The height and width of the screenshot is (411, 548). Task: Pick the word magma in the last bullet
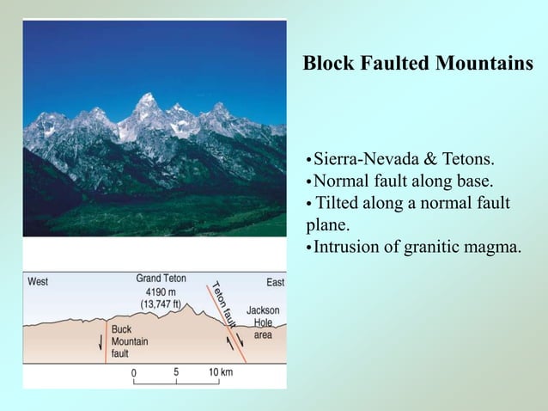point(493,248)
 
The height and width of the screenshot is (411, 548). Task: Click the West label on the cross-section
point(39,281)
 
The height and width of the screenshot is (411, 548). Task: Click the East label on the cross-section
point(275,282)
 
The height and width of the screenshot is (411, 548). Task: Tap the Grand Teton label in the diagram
point(161,279)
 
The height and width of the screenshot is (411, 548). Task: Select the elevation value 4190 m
point(161,291)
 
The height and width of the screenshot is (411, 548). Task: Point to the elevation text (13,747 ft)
point(161,304)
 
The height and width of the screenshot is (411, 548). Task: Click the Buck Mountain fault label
point(129,341)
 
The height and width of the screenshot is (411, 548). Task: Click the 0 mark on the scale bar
point(134,373)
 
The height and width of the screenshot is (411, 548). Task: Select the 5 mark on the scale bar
point(176,372)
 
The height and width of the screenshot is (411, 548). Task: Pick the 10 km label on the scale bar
point(221,372)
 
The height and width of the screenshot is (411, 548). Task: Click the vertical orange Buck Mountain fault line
point(106,344)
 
